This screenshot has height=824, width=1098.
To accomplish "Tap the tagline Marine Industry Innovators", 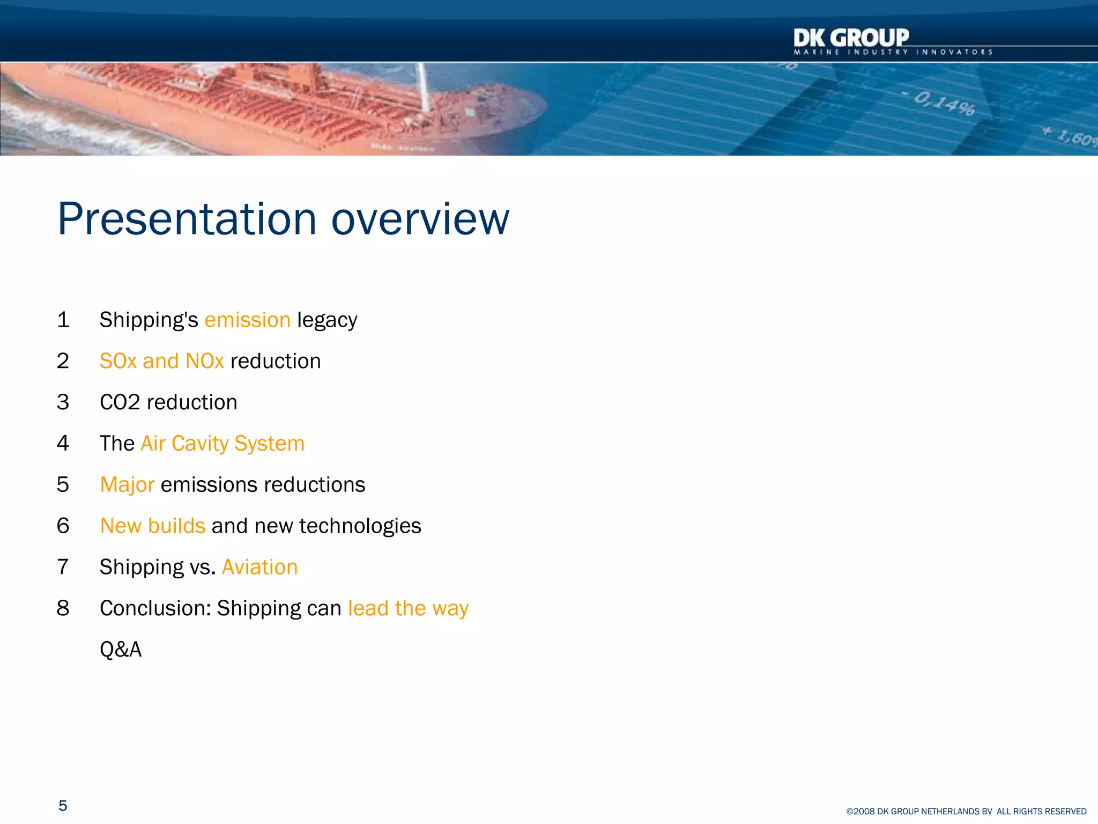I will click(893, 53).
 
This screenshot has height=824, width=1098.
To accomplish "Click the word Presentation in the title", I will click(187, 219).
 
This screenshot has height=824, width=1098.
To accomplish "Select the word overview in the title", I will click(420, 219).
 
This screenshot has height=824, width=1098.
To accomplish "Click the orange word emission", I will click(247, 320).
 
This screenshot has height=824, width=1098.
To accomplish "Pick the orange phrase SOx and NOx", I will click(161, 361).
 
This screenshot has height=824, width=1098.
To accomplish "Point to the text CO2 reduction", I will click(168, 402).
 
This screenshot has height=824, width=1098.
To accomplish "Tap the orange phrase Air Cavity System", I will click(222, 444).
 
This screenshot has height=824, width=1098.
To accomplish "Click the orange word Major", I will click(127, 485).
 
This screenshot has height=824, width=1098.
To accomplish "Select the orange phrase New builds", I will click(153, 526).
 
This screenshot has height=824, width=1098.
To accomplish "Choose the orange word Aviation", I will click(259, 567).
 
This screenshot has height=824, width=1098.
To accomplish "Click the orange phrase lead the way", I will click(408, 608).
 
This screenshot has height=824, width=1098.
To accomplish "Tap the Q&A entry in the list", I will click(121, 650).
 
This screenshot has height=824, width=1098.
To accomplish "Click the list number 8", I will click(63, 608).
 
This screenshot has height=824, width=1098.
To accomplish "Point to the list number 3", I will click(63, 402).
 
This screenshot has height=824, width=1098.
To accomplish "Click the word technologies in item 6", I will click(360, 526).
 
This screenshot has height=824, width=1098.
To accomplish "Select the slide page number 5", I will click(63, 806).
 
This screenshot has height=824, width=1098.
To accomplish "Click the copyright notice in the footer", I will click(966, 812).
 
